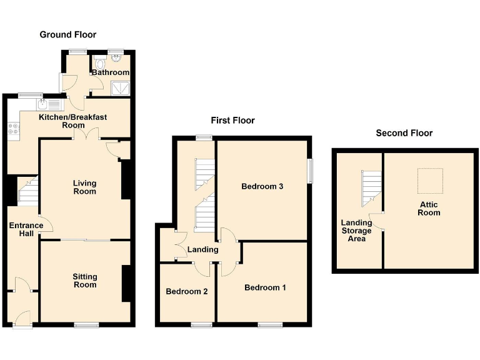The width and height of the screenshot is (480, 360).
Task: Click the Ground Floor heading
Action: click(68, 34)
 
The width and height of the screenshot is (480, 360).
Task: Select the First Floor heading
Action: click(232, 120)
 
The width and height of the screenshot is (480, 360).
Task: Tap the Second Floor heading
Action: click(404, 132)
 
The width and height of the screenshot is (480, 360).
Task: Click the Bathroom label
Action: click(111, 72)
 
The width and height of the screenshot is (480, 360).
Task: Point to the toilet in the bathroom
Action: click(101, 62)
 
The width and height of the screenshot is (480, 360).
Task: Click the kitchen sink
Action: click(44, 104)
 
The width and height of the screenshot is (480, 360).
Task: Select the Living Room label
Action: click(84, 187)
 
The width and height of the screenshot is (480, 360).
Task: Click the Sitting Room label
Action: click(84, 280)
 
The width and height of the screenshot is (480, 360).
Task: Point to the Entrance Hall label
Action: click(26, 229)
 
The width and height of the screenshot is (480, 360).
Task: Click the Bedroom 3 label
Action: click(262, 186)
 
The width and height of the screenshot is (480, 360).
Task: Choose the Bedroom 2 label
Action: click(186, 291)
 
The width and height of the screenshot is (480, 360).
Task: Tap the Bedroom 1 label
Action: click(265, 287)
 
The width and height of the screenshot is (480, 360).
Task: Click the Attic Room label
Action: click(429, 209)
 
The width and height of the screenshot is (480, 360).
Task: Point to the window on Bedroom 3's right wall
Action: click(309, 170)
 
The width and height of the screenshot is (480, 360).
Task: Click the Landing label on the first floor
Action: click(203, 249)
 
